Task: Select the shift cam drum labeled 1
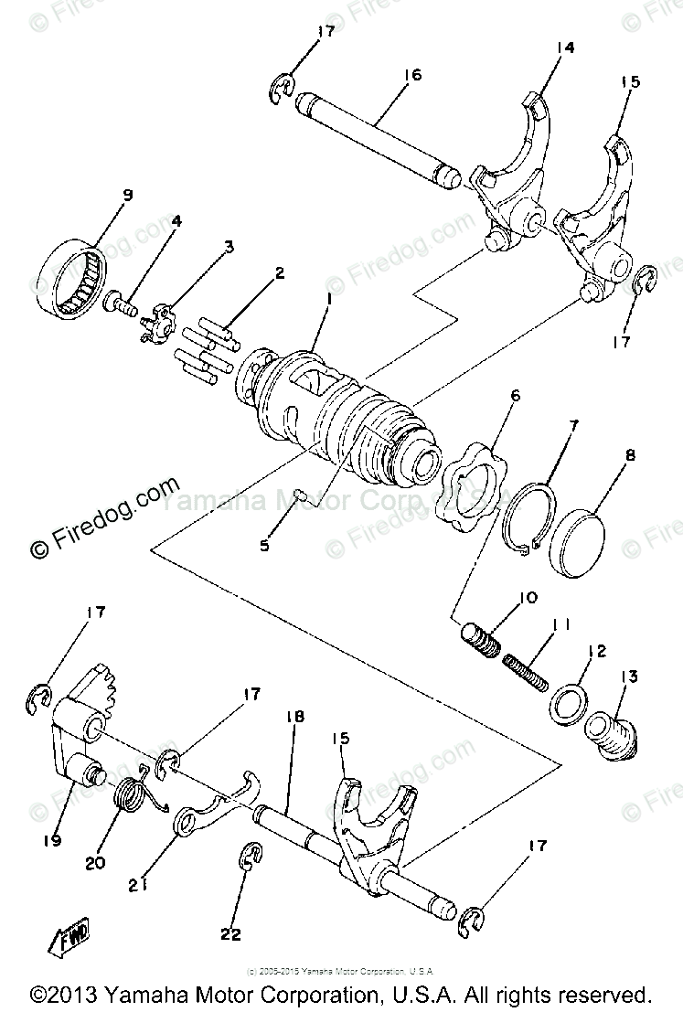click(x=347, y=411)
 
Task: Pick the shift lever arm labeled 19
click(x=69, y=740)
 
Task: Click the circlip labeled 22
click(x=250, y=859)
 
